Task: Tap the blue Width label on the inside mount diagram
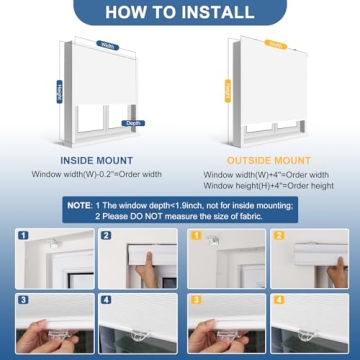tap(107, 45)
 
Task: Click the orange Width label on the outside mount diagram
tap(271, 44)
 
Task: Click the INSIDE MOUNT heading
tap(92, 157)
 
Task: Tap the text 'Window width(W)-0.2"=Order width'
tap(92, 174)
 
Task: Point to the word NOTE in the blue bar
tap(78, 204)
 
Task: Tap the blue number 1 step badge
tap(23, 236)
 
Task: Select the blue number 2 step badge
tap(105, 236)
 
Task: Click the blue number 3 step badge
tap(23, 299)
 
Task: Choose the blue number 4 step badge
tap(105, 299)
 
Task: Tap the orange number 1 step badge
tap(197, 236)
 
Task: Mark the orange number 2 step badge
tap(279, 236)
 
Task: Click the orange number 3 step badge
tap(197, 299)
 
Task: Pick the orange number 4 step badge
tap(279, 299)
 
